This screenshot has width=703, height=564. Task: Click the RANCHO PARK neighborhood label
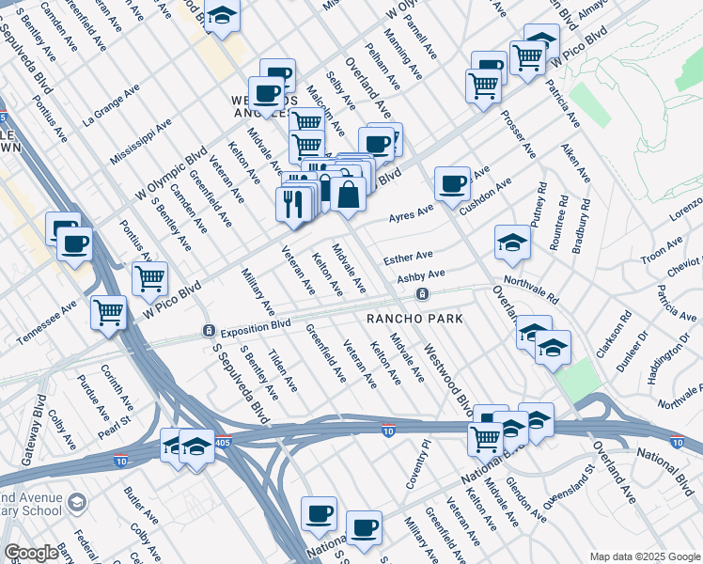click(414, 320)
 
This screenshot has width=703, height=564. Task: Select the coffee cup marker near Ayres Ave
click(453, 183)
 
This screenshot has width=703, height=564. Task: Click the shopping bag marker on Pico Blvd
click(348, 195)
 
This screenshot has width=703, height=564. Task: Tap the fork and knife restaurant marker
click(293, 204)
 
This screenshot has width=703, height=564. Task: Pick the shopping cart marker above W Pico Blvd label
click(149, 278)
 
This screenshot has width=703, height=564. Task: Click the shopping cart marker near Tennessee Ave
click(109, 312)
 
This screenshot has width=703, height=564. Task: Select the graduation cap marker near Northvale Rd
click(512, 243)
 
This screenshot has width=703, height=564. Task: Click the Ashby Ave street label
click(420, 276)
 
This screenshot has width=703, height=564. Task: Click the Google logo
click(31, 553)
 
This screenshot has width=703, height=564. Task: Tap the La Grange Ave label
click(111, 104)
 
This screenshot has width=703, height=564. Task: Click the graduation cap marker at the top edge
click(222, 16)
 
